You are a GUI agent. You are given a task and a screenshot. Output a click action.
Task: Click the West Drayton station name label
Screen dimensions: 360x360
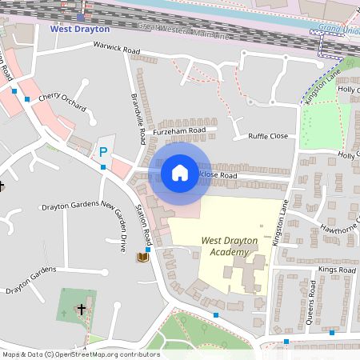click(79, 28)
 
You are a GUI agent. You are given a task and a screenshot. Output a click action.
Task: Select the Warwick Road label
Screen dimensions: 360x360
click(117, 51)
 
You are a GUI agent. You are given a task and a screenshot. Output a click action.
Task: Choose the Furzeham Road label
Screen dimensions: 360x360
click(181, 130)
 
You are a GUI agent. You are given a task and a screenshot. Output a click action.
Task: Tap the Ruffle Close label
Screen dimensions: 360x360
click(267, 136)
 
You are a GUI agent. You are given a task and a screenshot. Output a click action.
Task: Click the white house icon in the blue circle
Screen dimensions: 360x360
click(180, 172)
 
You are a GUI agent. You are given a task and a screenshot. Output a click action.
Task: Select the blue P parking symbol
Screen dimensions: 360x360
click(102, 152)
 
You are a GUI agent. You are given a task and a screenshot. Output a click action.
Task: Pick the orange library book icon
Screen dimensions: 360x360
click(142, 257)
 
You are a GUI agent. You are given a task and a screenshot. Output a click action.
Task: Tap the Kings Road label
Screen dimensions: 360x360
click(336, 270)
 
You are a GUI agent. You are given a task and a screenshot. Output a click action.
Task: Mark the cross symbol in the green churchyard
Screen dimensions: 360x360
click(81, 308)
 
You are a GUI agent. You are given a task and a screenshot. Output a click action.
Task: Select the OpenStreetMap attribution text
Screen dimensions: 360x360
click(80, 354)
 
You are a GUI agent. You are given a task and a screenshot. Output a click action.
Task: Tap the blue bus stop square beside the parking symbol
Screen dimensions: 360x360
click(103, 167)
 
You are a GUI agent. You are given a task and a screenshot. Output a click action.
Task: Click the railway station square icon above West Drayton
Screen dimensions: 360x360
click(79, 17)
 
